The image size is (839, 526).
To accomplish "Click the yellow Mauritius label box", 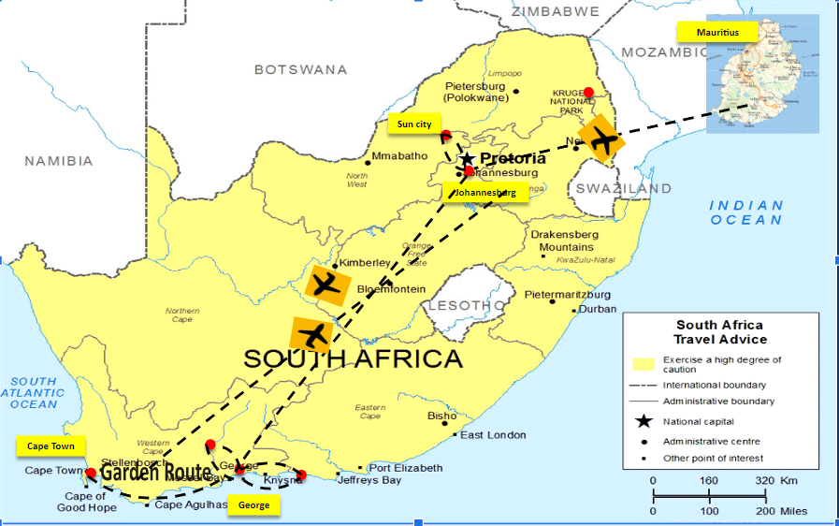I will [717, 33].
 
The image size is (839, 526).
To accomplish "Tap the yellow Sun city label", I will [414, 124].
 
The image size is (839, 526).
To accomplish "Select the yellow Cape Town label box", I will [51, 446].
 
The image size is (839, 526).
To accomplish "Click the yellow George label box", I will [253, 505].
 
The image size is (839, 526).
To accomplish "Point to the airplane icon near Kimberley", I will [326, 284].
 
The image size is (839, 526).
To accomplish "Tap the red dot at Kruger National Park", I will [588, 92].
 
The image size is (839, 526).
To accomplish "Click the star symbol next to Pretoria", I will [467, 158].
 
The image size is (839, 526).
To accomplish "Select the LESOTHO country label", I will [458, 306].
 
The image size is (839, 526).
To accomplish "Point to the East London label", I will [493, 434].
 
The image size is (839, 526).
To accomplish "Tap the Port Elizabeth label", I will [405, 468].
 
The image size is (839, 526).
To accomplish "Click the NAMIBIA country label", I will [60, 161].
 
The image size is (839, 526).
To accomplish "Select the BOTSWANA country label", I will [300, 69].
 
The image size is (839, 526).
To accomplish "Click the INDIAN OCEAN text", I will [745, 212].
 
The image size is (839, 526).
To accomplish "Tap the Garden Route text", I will [155, 473].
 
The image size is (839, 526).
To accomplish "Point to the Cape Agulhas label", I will [191, 505].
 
